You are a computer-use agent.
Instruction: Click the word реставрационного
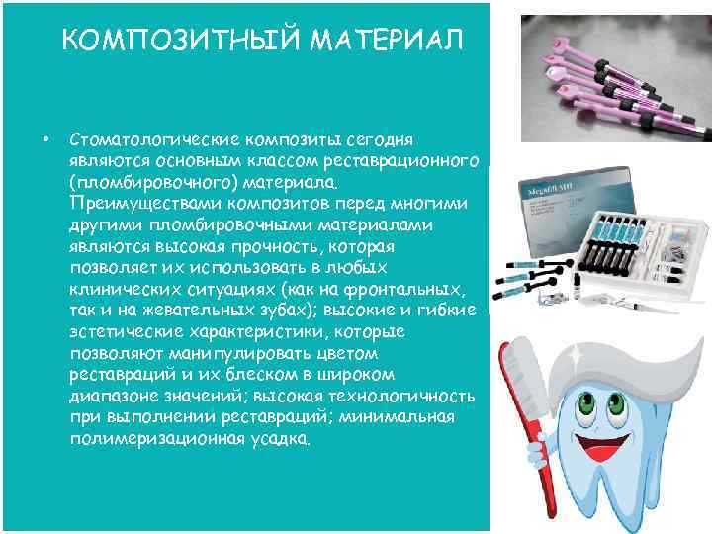pyautogui.click(x=409, y=159)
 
